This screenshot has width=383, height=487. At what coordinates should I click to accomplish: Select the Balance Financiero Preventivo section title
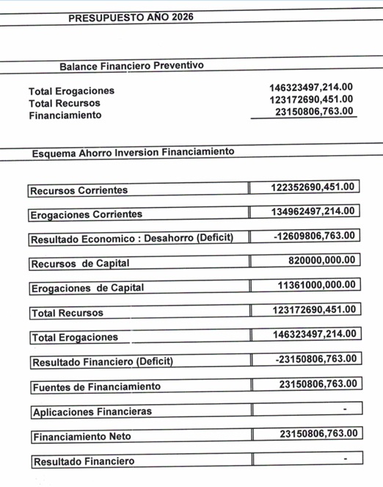[131, 66]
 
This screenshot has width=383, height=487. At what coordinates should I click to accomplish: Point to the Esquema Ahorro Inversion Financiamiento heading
[133, 152]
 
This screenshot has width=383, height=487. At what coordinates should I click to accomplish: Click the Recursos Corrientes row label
[79, 190]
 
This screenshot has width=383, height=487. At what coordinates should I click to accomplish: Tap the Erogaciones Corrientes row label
[87, 215]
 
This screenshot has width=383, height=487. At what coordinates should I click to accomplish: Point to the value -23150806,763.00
[315, 358]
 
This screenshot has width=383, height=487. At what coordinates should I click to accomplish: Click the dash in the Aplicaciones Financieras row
[344, 408]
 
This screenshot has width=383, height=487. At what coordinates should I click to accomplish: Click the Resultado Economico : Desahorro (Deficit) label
[132, 239]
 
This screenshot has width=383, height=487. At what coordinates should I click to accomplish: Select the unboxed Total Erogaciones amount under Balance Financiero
[311, 87]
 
